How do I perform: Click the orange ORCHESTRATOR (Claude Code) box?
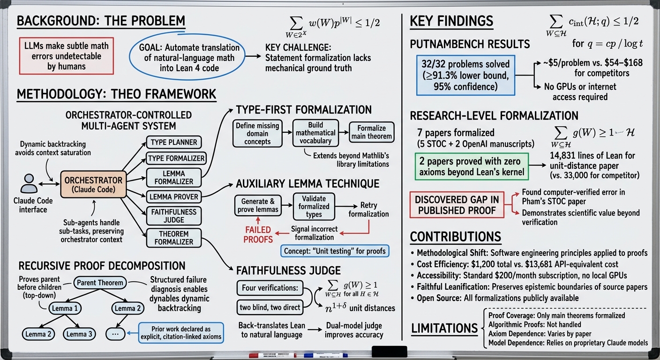point(93,184)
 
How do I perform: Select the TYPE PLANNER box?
point(174,142)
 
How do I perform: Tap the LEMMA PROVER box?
point(174,197)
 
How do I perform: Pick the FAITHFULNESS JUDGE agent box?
point(174,216)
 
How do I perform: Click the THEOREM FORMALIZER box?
point(174,238)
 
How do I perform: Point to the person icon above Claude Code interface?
point(29,183)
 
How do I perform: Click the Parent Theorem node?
point(100,283)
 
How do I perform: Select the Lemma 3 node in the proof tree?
point(79,334)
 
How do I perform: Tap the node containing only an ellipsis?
point(115,334)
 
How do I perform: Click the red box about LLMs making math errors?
point(66,56)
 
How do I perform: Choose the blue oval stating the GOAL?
point(187,58)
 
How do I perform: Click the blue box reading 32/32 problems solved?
point(465,75)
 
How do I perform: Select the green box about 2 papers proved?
point(472,166)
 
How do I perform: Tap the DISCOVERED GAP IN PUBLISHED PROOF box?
point(457,205)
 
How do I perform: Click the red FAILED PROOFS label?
point(258,234)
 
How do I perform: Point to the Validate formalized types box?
point(314,207)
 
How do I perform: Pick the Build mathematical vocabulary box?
point(315,133)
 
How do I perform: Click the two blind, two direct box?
point(270,307)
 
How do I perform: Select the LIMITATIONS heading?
point(444,328)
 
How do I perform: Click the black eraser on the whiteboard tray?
point(389,352)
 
